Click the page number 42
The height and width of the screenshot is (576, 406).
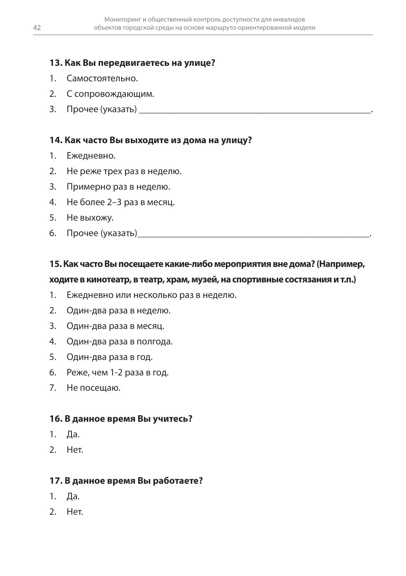click(x=37, y=28)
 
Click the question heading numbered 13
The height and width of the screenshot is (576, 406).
click(x=132, y=63)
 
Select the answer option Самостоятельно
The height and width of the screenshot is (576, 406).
click(x=102, y=78)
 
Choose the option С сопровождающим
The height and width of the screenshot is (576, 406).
click(x=110, y=94)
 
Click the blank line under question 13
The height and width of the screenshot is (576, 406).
click(x=254, y=111)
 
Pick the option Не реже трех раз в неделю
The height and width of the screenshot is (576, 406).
click(x=124, y=171)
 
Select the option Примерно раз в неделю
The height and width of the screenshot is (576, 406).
click(x=118, y=187)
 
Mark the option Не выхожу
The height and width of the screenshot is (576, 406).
click(x=90, y=218)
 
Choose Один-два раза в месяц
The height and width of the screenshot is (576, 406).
click(x=115, y=326)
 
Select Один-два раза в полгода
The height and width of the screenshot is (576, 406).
click(x=120, y=341)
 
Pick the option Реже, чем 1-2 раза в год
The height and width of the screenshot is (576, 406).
click(x=118, y=372)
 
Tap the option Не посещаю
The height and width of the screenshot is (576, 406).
click(x=93, y=388)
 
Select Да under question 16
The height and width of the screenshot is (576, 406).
click(x=73, y=434)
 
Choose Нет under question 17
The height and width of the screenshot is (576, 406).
click(x=75, y=512)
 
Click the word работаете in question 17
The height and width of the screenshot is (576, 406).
click(x=178, y=481)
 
